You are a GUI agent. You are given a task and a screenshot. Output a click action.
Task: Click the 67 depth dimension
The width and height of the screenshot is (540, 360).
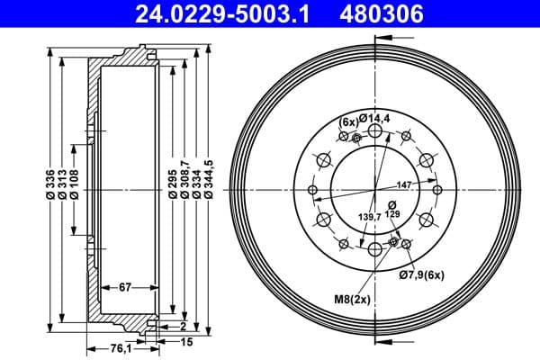[x=126, y=288]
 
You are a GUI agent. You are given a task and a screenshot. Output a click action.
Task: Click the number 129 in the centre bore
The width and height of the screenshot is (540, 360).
[x=394, y=215]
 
